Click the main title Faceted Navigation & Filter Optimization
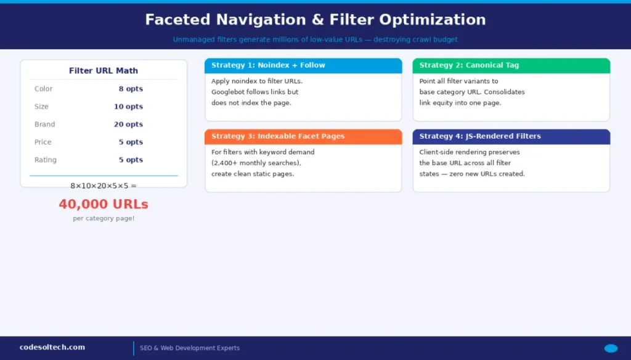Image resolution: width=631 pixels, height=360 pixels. pos(315,20)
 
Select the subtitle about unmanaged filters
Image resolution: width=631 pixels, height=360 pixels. pos(315,39)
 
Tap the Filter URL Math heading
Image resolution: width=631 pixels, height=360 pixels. pos(104,71)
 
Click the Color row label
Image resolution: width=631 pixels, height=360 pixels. pos(44,89)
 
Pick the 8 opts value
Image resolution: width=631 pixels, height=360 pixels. pos(131,89)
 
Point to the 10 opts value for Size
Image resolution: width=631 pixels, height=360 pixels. pos(128,107)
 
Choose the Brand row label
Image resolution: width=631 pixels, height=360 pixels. pos(45,125)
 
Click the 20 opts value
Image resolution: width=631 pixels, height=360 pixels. pos(128,125)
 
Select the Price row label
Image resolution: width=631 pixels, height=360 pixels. pos(43,142)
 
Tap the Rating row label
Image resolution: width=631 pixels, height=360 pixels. pos(46,160)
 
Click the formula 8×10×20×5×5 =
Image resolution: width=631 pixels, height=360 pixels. pos(104,186)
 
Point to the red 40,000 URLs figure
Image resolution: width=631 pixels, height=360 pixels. pos(104,204)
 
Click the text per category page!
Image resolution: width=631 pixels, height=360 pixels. pos(104,219)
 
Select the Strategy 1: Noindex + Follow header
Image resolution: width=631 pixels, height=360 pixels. pos(268,65)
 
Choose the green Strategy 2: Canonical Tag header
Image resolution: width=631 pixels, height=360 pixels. pos(469,65)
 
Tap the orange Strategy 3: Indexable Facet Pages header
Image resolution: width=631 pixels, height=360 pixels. pos(278,136)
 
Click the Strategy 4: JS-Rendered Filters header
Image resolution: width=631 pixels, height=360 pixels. pos(480,136)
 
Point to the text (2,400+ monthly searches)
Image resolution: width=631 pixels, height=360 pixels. pos(256,163)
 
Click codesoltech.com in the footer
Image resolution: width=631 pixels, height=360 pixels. pos(52,348)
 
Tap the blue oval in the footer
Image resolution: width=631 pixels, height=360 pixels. pos(611,348)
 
